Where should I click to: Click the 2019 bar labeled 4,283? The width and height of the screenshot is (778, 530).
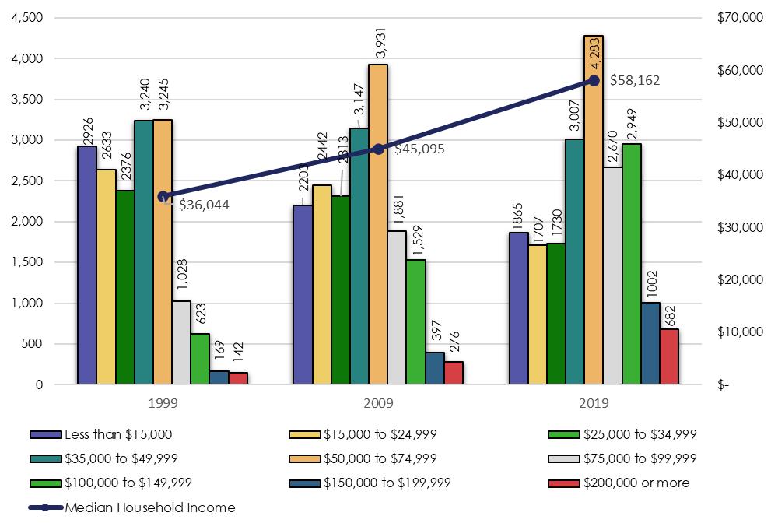click(x=594, y=210)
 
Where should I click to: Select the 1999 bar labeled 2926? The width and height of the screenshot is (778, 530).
click(x=87, y=265)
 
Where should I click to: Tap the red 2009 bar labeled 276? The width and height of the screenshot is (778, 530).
click(x=454, y=373)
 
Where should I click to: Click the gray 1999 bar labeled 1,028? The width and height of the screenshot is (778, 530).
click(x=181, y=342)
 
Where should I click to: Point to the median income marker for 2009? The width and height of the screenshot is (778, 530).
click(x=378, y=149)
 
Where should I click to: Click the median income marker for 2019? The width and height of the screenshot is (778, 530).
click(x=594, y=80)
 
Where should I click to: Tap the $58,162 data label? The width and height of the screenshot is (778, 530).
click(x=634, y=80)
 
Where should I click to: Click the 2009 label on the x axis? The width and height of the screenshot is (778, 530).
click(x=378, y=403)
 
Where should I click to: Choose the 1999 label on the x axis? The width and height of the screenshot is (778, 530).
click(x=163, y=403)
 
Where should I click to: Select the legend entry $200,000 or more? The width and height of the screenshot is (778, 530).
click(x=636, y=483)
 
